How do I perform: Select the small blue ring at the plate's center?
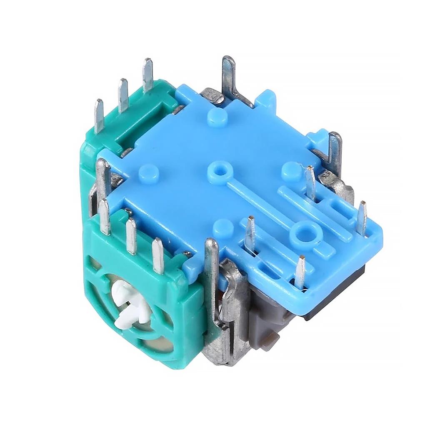coord(217,170)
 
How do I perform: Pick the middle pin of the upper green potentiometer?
coord(123,95)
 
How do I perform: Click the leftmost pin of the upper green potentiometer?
coord(99,115)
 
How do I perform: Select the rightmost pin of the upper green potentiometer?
coord(147,75)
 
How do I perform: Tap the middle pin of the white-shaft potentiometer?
coord(131,235)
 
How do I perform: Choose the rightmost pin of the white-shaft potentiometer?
coord(158,255)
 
